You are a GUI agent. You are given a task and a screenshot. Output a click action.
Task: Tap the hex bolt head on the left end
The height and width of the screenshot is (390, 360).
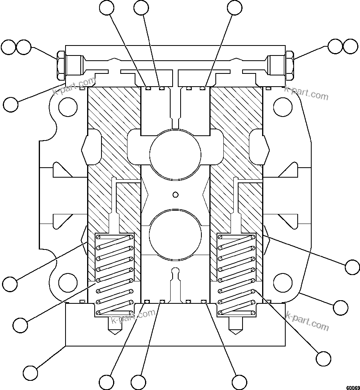(61, 65)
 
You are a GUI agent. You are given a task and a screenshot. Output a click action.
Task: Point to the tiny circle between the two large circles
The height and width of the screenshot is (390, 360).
(175, 194)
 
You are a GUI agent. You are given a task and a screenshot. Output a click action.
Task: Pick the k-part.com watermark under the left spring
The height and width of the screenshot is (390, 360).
(133, 317)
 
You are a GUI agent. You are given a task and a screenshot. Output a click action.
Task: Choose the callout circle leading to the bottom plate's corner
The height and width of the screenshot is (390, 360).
(30, 372)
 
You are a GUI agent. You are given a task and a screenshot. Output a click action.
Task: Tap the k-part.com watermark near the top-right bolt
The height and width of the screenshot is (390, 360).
(306, 94)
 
